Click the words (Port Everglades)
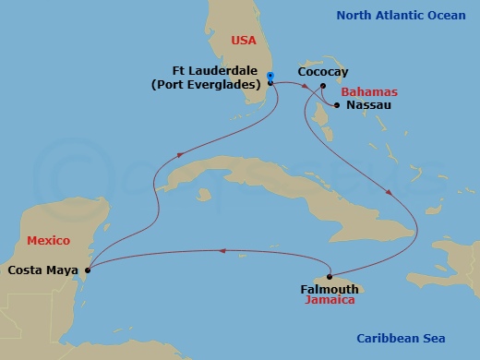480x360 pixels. pyautogui.click(x=208, y=85)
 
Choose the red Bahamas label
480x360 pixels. pyautogui.click(x=368, y=92)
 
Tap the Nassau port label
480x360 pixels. pyautogui.click(x=368, y=106)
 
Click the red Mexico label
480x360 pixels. pyautogui.click(x=48, y=240)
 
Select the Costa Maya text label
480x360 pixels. pyautogui.click(x=42, y=270)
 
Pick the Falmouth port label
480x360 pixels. pyautogui.click(x=330, y=289)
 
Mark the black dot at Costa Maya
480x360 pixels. pyautogui.click(x=87, y=270)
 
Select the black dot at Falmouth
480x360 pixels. pyautogui.click(x=330, y=277)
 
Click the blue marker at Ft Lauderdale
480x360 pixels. pyautogui.click(x=270, y=77)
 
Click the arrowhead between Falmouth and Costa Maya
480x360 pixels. pyautogui.click(x=221, y=249)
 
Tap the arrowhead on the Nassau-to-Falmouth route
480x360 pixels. pyautogui.click(x=389, y=194)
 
